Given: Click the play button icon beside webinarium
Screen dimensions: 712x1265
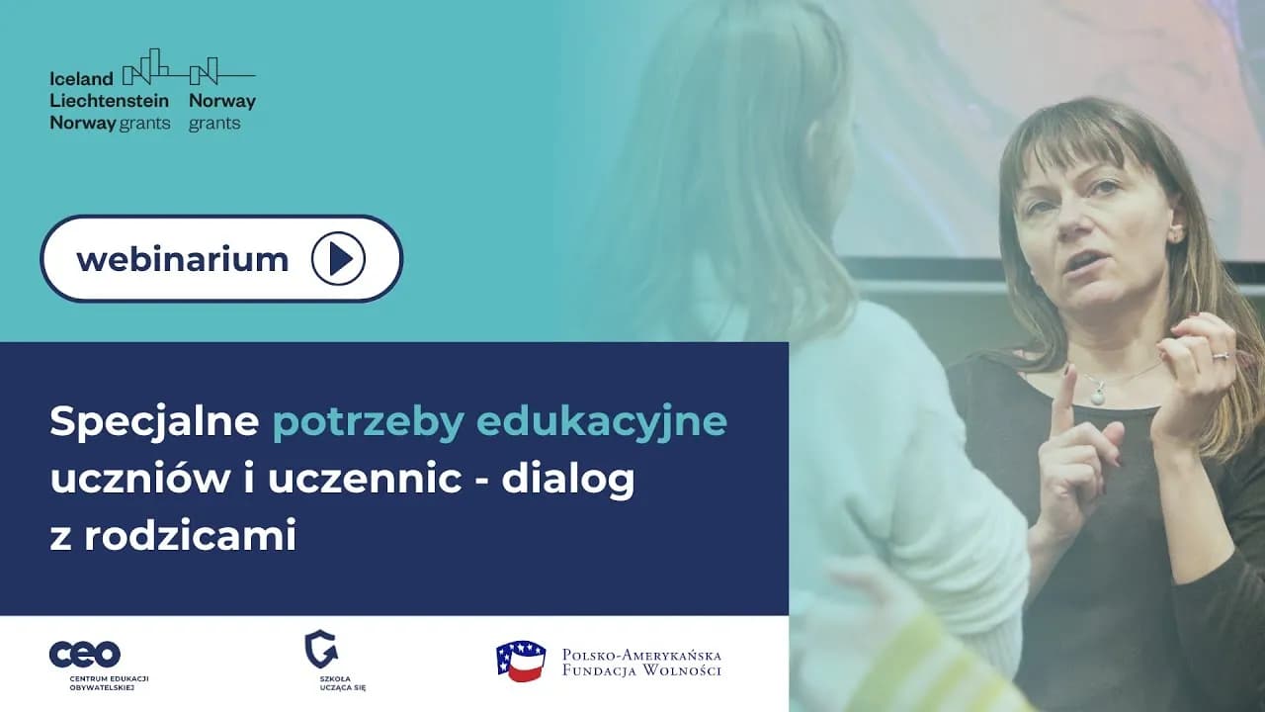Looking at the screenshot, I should pyautogui.click(x=338, y=259).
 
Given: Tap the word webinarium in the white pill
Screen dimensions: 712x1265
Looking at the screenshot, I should pyautogui.click(x=182, y=259).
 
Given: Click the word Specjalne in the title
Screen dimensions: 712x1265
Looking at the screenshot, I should pyautogui.click(x=154, y=422).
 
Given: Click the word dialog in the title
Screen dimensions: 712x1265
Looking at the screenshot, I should pyautogui.click(x=567, y=480).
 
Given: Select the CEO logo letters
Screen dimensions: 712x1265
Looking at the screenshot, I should pyautogui.click(x=85, y=654).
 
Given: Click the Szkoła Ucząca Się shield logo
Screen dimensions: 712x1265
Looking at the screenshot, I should pyautogui.click(x=320, y=649).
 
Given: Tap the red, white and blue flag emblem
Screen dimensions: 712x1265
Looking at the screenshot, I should pyautogui.click(x=521, y=661).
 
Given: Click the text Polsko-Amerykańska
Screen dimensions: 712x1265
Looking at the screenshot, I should pyautogui.click(x=641, y=655).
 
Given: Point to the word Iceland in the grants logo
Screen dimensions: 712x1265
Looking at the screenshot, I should pyautogui.click(x=81, y=79).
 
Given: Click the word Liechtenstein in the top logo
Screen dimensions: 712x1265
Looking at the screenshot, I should pyautogui.click(x=109, y=101).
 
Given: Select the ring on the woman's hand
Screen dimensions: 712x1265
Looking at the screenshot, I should pyautogui.click(x=1221, y=354).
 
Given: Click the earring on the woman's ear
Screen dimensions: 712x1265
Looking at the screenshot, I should pyautogui.click(x=1176, y=234).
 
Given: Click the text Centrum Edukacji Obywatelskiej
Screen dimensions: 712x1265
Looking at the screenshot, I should pyautogui.click(x=109, y=682).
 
